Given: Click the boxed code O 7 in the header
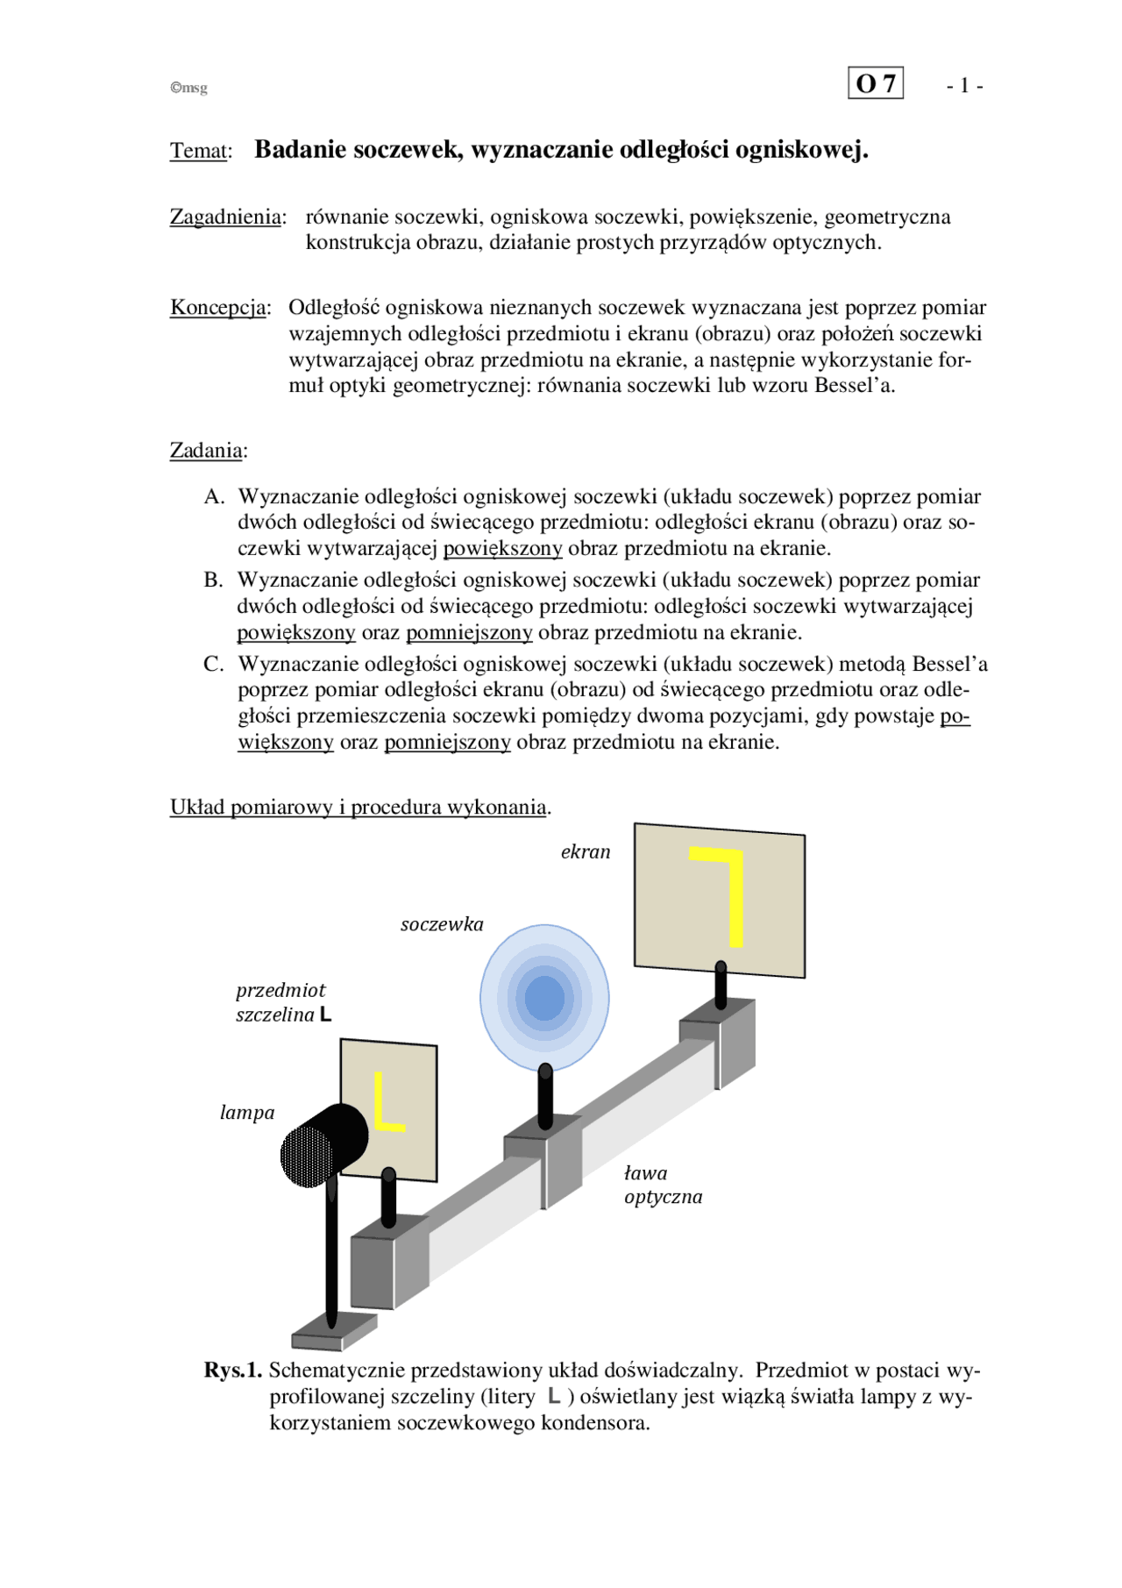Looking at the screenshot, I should tap(875, 83).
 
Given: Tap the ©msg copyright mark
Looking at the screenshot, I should tap(188, 88).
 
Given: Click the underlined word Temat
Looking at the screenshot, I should tap(199, 151).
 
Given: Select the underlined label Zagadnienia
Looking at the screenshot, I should tap(226, 217).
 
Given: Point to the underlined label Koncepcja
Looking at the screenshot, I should tap(218, 308).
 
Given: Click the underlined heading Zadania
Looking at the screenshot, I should tap(206, 451).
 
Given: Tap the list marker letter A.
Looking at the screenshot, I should tap(214, 497).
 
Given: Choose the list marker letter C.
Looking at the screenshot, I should tap(213, 664).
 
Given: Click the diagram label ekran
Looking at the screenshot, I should tap(586, 851).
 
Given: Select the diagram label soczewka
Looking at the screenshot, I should tap(442, 924).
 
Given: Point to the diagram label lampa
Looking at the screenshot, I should tap(247, 1113).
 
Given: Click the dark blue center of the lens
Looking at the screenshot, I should tap(544, 998).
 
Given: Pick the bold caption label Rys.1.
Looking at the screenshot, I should tap(232, 1371).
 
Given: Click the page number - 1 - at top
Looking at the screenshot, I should tap(964, 86).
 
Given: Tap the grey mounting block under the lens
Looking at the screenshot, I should tap(542, 1162).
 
